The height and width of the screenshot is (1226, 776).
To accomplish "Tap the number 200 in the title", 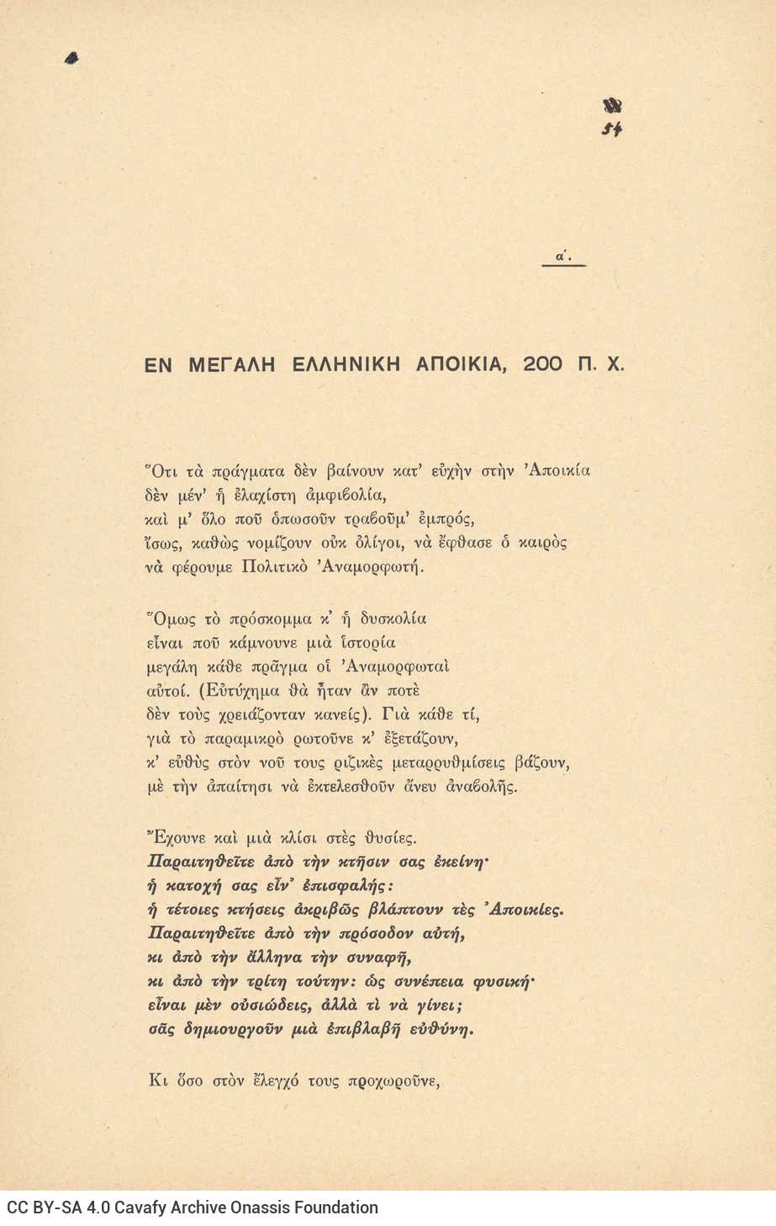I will point(543,364).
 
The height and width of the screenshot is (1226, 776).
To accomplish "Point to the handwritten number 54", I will point(612,130).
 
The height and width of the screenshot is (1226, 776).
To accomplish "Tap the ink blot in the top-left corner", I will point(71,57).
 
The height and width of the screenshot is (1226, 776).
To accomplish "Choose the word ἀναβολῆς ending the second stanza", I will point(478,788).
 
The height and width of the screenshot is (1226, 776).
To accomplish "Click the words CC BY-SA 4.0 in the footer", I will point(48,1207).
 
